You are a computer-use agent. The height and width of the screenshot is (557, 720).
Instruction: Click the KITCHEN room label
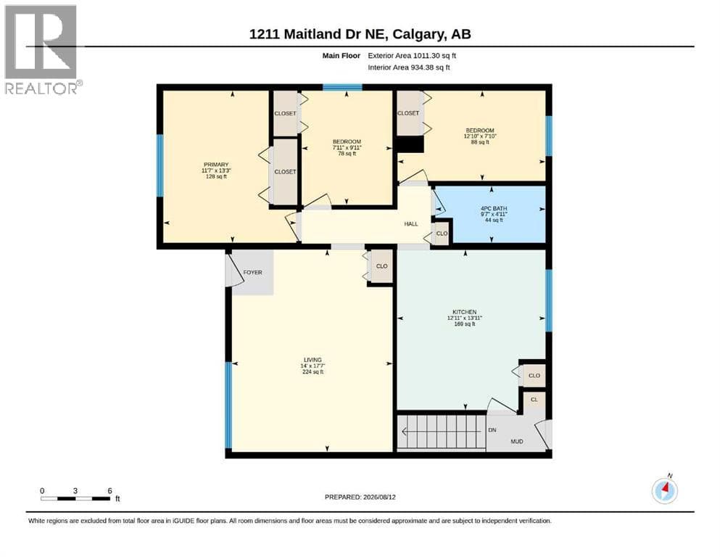[x=464, y=312]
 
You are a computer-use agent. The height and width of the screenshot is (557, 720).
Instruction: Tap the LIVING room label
[x=313, y=360]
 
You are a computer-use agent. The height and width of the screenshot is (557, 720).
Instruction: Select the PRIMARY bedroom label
[x=216, y=165]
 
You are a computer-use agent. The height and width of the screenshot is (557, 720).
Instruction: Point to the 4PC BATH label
[x=494, y=208]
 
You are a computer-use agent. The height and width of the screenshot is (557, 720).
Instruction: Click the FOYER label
[x=252, y=272]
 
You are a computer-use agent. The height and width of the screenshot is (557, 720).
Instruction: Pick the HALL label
[x=411, y=224]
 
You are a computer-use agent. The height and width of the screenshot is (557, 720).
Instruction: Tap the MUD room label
[x=516, y=441]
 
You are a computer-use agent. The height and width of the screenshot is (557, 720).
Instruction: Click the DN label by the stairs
[x=492, y=430]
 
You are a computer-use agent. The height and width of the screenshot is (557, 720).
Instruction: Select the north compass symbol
[x=664, y=490]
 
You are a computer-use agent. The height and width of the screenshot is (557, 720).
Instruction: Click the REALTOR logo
[x=42, y=49]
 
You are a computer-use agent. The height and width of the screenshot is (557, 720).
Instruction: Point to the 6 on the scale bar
[x=109, y=491]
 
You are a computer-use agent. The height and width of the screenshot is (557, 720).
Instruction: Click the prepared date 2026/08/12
[x=379, y=497]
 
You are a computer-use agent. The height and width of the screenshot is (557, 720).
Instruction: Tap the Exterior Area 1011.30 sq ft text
[x=412, y=56]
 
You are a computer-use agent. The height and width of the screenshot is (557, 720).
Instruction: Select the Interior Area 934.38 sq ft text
[x=409, y=67]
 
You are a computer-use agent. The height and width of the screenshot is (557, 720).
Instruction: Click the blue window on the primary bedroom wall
[x=160, y=165]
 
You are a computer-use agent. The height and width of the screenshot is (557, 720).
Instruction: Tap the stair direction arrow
[x=444, y=432]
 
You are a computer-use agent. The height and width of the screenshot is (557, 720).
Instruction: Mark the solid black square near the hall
[x=410, y=144]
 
